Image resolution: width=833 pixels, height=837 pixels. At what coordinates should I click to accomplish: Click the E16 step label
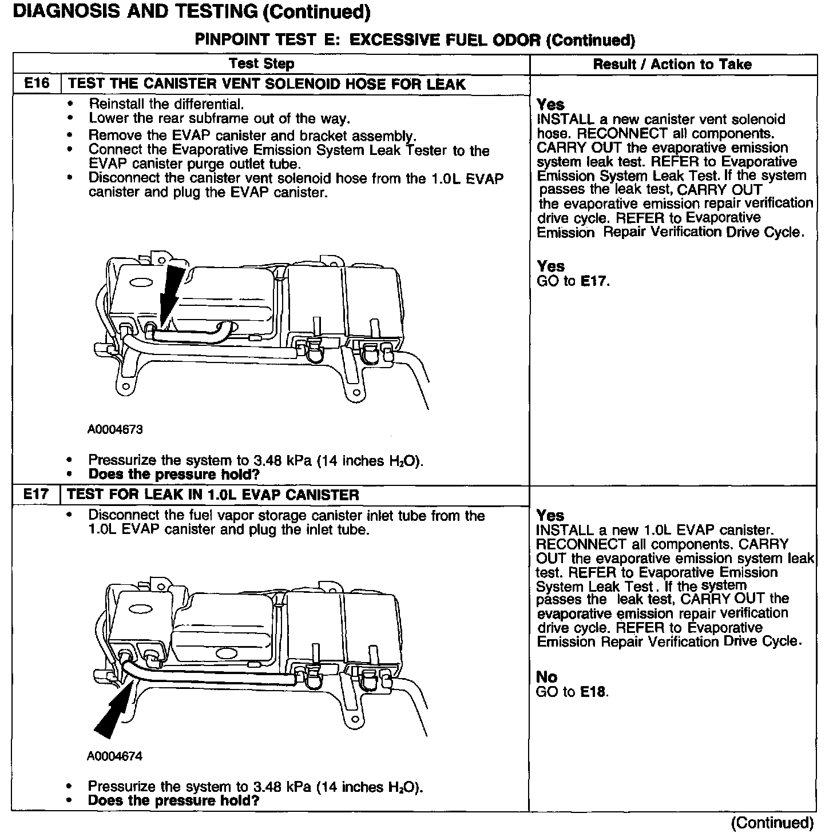click(37, 84)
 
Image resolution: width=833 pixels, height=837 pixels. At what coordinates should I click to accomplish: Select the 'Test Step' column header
click(261, 64)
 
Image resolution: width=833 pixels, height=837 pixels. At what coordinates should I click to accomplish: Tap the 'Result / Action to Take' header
click(672, 64)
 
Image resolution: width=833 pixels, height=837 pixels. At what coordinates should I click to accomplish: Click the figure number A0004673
click(115, 429)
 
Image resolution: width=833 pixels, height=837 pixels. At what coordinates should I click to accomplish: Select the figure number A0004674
click(115, 756)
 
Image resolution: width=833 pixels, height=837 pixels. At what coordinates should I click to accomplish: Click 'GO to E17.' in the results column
click(573, 281)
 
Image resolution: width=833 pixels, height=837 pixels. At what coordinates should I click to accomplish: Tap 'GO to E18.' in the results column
click(572, 692)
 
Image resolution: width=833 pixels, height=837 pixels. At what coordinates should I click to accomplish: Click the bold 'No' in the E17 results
click(546, 677)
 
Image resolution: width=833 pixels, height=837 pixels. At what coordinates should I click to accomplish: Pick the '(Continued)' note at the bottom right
click(772, 823)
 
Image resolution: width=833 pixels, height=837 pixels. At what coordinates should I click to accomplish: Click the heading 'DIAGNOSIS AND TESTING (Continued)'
click(191, 11)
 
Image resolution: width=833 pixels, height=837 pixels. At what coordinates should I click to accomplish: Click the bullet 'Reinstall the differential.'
click(166, 104)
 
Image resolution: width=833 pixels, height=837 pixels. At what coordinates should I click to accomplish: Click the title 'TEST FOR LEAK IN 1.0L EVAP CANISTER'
click(213, 495)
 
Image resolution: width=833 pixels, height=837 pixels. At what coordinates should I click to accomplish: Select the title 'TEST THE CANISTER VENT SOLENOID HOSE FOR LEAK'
click(267, 84)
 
